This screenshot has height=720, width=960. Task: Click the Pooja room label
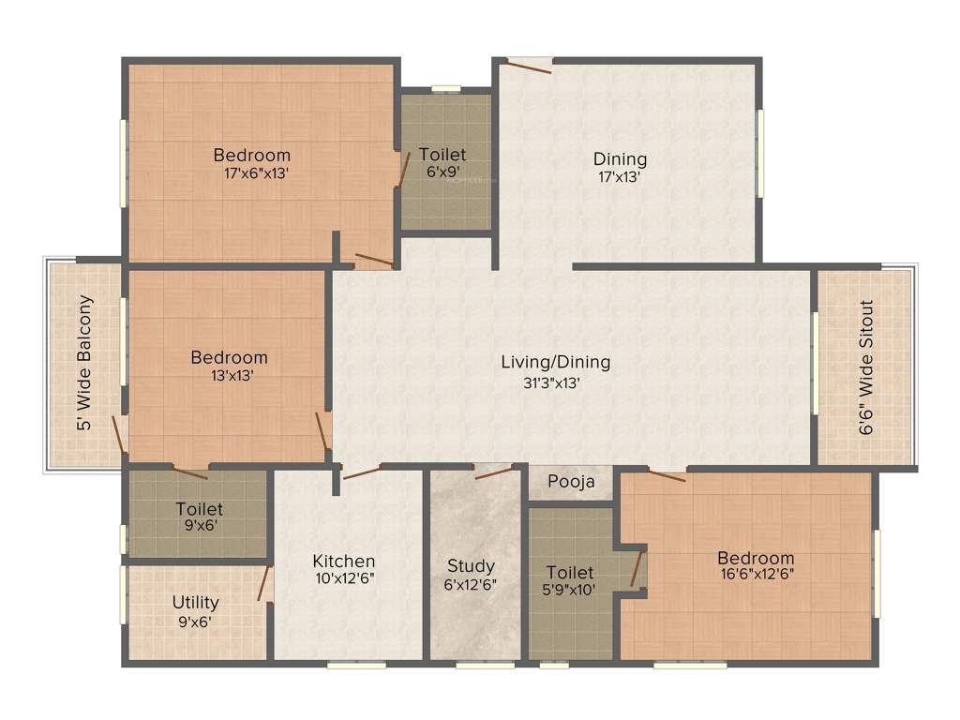572,483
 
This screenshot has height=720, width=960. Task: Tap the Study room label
471,565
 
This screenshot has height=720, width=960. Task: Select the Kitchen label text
344,561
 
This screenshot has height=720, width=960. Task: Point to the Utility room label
196,602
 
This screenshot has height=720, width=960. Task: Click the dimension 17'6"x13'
251,173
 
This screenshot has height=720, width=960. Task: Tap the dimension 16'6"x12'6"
756,576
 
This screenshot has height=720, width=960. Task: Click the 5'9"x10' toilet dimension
570,590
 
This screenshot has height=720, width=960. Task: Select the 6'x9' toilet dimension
442,172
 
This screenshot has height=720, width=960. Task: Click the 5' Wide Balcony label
85,363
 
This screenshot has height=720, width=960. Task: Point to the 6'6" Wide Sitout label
866,367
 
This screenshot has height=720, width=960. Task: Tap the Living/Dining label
555,362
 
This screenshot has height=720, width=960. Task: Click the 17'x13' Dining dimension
620,176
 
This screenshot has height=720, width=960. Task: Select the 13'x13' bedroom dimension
229,375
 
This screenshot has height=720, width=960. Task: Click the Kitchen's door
360,472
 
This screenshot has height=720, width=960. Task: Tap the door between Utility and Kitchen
265,583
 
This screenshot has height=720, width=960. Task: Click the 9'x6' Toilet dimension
199,526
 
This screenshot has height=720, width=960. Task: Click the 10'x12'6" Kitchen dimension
344,579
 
